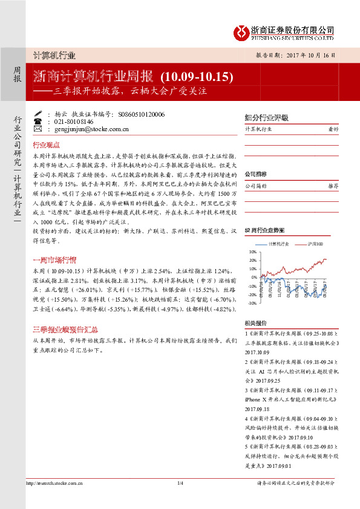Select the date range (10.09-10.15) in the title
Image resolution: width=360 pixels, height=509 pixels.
tap(197, 77)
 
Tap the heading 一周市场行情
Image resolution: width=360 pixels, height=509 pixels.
tap(54, 260)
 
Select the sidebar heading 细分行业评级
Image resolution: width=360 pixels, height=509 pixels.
tap(266, 117)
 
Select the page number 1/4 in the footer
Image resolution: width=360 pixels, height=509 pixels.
tap(180, 482)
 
